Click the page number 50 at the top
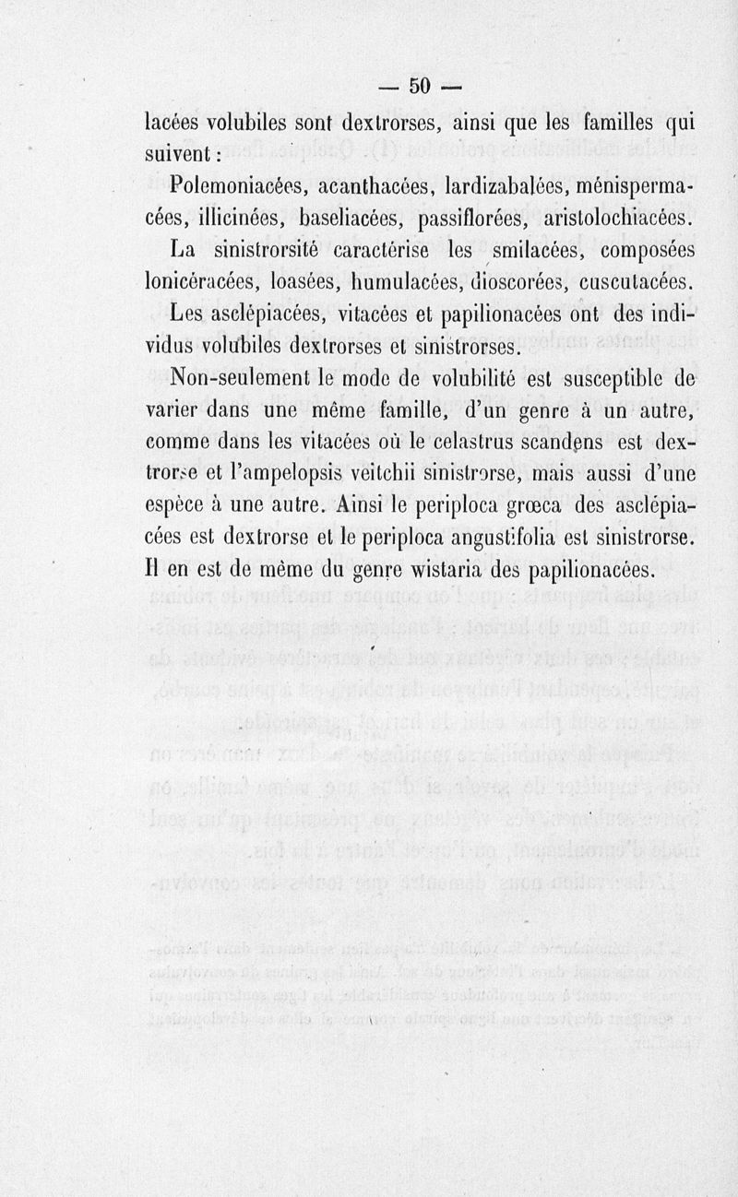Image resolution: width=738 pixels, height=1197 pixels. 420,85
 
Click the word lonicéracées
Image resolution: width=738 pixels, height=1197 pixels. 206,281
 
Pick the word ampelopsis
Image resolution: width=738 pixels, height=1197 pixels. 306,476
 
